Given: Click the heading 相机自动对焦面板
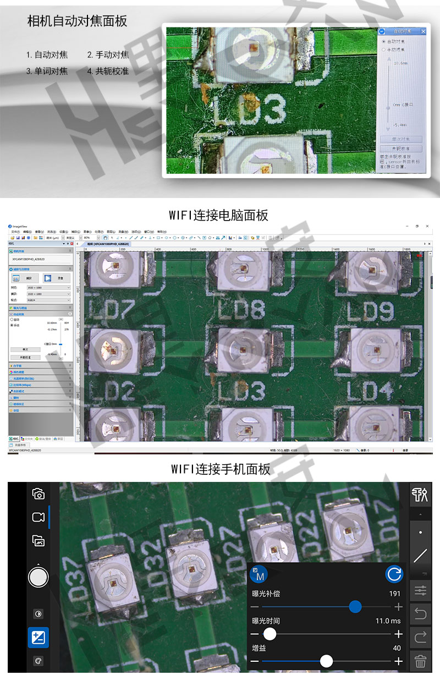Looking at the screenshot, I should pyautogui.click(x=77, y=21).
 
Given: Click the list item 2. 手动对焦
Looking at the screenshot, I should pyautogui.click(x=108, y=54).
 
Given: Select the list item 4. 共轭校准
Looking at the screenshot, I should pyautogui.click(x=108, y=71).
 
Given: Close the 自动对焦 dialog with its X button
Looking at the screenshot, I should pyautogui.click(x=422, y=32).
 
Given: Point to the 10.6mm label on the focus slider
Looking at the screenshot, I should pyautogui.click(x=400, y=63).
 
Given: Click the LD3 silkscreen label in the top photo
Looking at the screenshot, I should pyautogui.click(x=249, y=111).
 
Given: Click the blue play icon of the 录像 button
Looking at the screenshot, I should pyautogui.click(x=48, y=278).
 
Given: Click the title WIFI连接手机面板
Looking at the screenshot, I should pyautogui.click(x=220, y=469).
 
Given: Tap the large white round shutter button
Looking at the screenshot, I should pyautogui.click(x=38, y=577).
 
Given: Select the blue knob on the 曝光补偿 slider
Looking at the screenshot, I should pyautogui.click(x=355, y=607).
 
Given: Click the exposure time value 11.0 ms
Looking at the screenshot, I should pyautogui.click(x=388, y=621).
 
